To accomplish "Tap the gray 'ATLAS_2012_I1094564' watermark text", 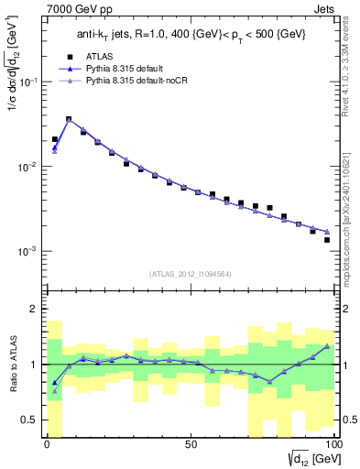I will click(190, 272).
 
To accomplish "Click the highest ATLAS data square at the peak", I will click(69, 119).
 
